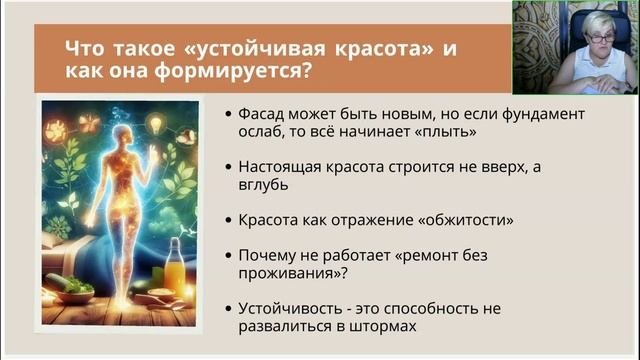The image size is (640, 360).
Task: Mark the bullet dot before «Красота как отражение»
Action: click(230, 220)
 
